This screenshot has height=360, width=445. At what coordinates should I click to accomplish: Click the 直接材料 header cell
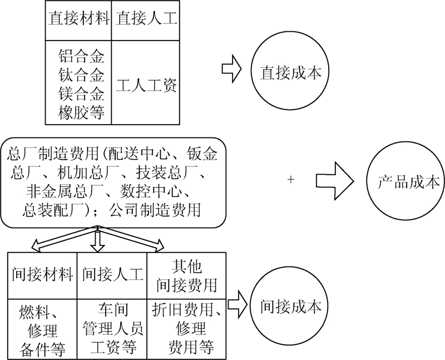[78, 19]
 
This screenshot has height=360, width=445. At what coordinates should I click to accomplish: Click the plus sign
[291, 180]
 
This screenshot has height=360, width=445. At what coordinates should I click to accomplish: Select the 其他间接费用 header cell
[186, 274]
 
